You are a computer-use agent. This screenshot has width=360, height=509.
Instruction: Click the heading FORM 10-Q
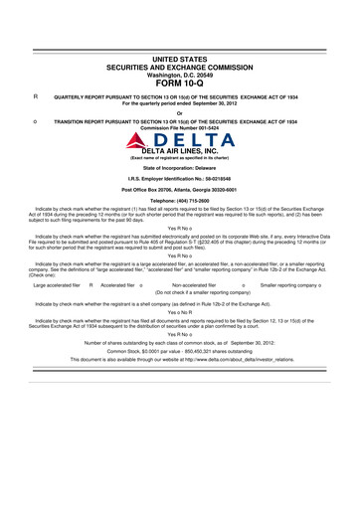tap(180, 83)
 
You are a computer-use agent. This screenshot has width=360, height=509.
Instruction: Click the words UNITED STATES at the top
tap(180, 61)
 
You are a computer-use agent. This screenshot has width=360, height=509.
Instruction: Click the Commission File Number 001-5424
tap(180, 126)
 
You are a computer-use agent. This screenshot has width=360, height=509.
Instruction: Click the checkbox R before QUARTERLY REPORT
tap(36, 95)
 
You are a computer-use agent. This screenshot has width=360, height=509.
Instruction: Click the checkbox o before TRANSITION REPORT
tap(36, 119)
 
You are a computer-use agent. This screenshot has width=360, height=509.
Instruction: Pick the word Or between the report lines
tap(180, 111)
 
